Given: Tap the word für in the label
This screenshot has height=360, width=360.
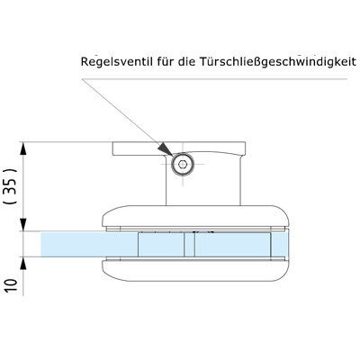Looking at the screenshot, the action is tap(166, 61).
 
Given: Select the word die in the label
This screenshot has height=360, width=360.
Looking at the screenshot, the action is tap(186, 61).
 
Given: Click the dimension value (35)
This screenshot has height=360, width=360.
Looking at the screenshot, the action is tap(12, 186).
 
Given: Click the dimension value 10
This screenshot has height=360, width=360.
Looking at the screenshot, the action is tap(11, 286).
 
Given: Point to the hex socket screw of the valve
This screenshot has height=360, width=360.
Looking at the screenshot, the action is tap(182, 164).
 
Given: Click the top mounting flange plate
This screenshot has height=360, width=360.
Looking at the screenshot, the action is tap(179, 148).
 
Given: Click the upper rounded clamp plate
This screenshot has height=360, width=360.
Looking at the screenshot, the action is tap(196, 216).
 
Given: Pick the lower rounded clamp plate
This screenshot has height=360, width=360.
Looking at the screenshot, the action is tap(196, 271).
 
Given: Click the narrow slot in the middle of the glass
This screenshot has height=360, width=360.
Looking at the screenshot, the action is tap(189, 244).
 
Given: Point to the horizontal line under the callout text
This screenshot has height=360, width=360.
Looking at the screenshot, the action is tap(214, 79).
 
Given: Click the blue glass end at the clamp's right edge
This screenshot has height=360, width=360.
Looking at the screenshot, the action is tap(280, 244).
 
